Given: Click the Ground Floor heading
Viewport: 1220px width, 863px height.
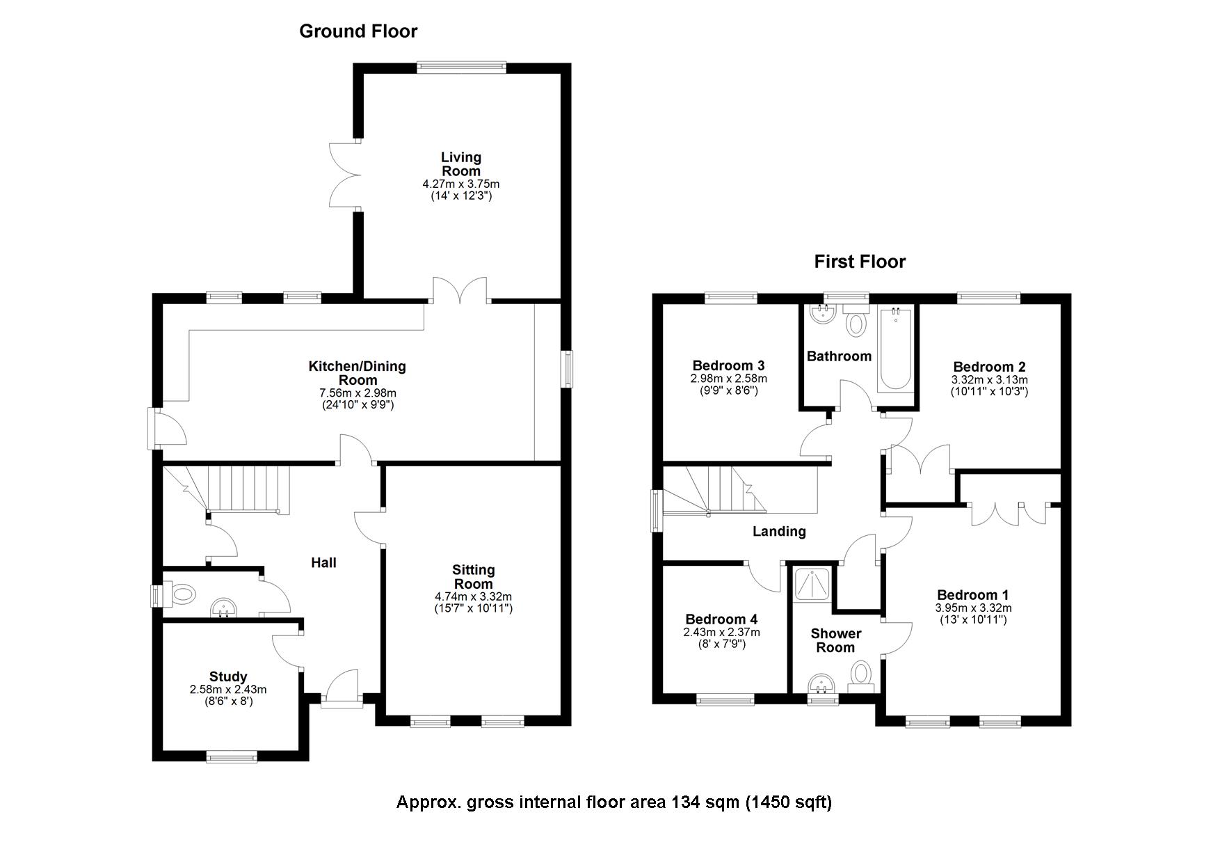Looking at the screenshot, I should pos(358,31).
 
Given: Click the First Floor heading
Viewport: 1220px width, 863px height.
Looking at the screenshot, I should pos(860,262).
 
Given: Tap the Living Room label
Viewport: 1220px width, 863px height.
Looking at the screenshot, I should pos(460,164).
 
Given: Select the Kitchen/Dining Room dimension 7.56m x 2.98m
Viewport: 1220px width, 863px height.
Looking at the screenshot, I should pos(358,393).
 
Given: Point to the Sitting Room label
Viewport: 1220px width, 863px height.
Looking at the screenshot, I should pos(473,577).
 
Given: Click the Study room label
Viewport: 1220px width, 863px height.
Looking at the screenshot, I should pos(228,676).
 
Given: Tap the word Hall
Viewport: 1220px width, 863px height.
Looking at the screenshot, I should pos(323,562).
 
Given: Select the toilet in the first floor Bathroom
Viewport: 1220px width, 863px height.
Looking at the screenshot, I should pos(856,324).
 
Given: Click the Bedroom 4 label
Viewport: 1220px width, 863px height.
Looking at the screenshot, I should pos(721,619).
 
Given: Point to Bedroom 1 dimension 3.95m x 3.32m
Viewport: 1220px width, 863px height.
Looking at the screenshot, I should pos(973,608).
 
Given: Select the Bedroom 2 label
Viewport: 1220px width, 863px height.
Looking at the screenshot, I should pos(989,367).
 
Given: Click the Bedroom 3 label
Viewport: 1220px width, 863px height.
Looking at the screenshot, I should pos(728,365).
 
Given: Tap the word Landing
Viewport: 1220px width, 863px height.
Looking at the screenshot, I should pos(779,532).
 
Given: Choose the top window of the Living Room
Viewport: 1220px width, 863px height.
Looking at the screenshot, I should pos(461,67).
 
